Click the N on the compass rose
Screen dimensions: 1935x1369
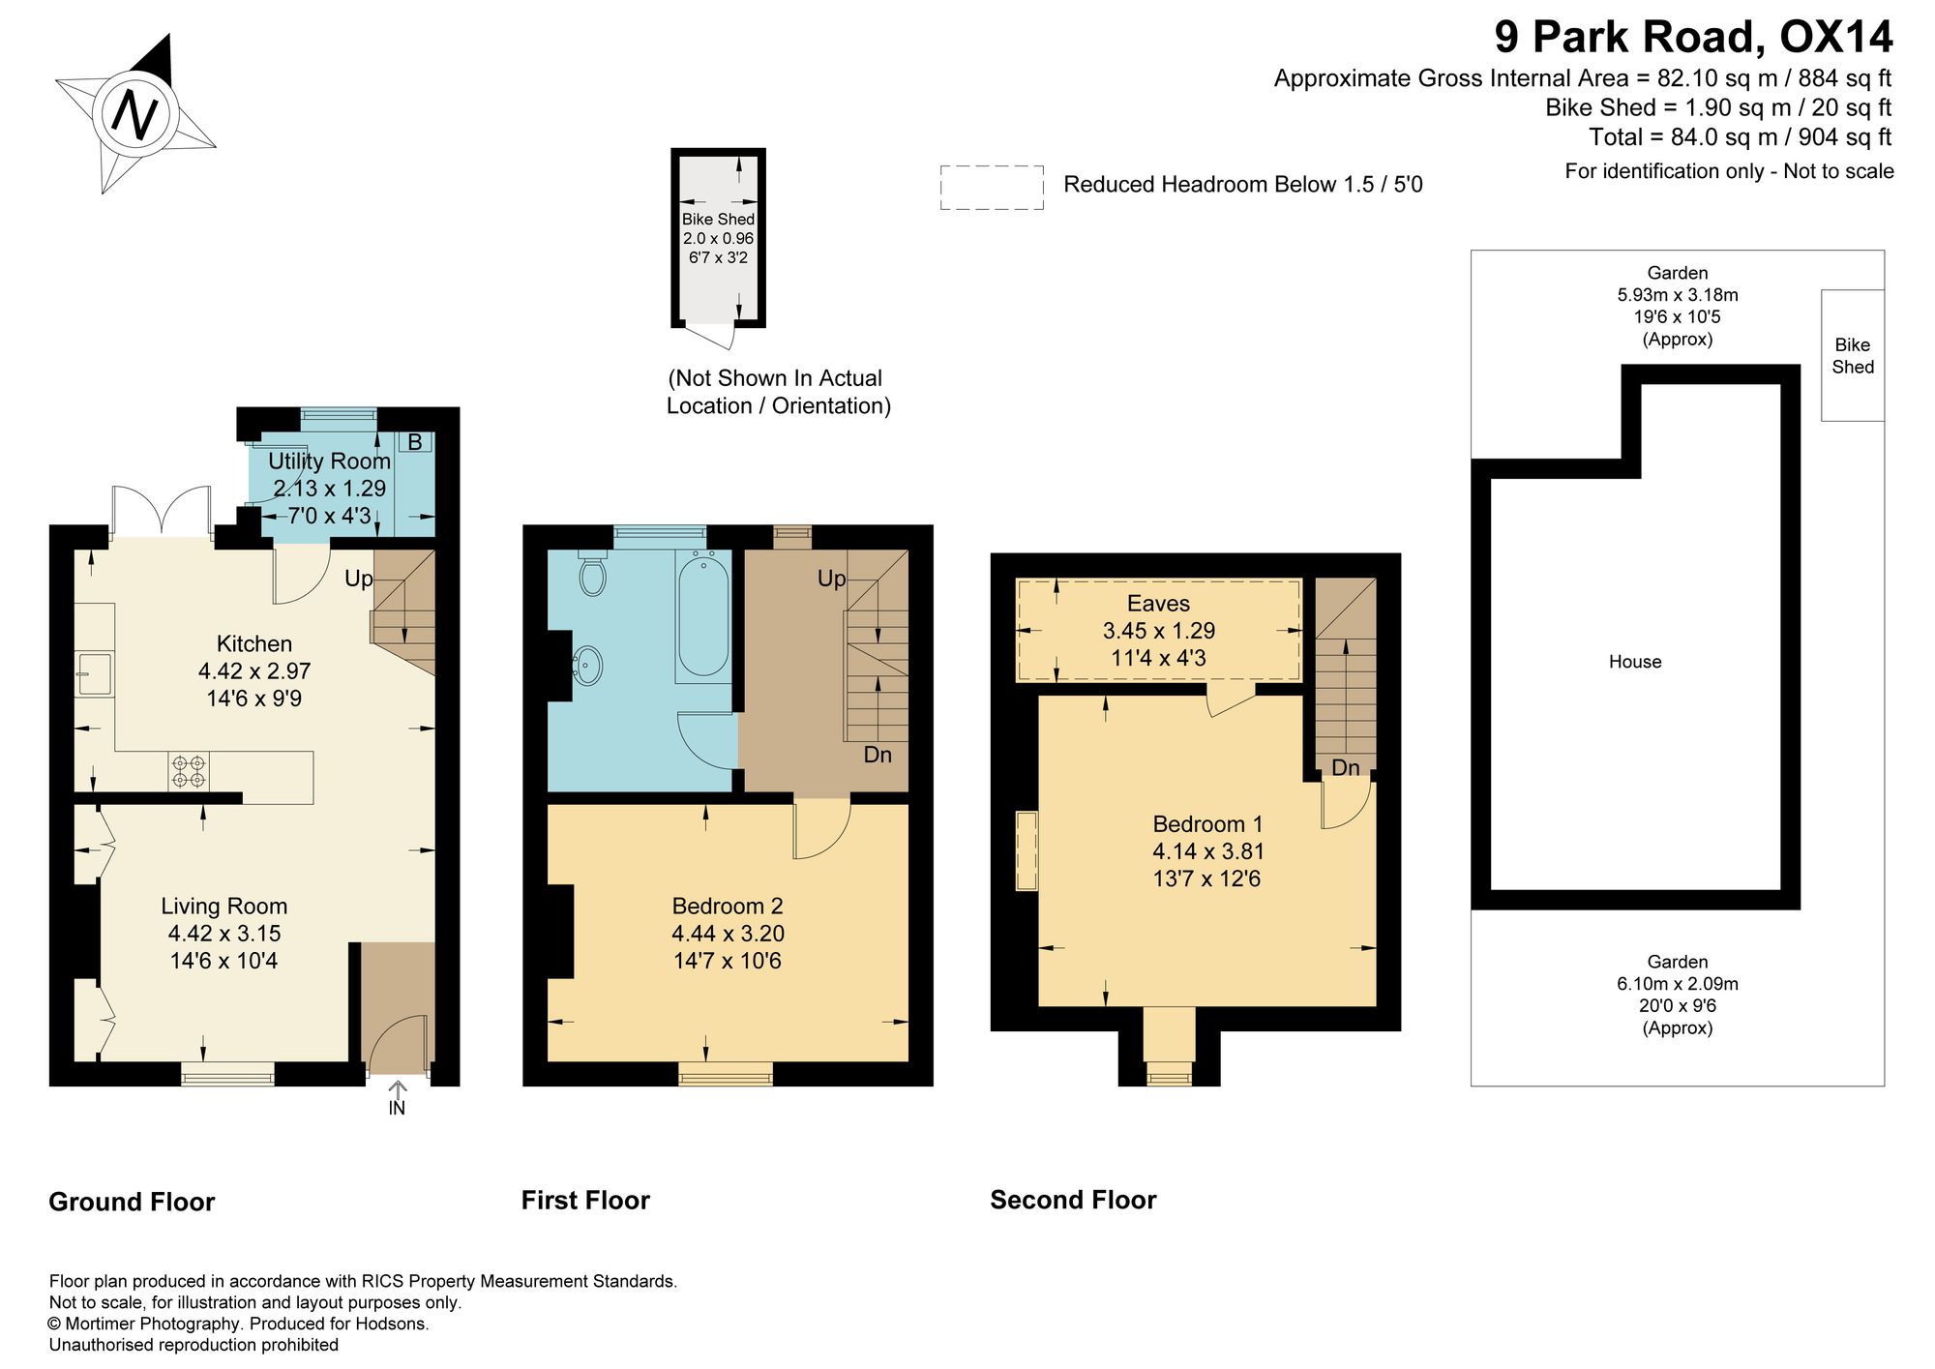pos(135,114)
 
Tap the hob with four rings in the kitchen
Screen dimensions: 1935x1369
pos(189,771)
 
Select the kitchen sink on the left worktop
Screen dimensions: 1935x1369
pos(95,672)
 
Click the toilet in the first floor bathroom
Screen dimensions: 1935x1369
pos(592,574)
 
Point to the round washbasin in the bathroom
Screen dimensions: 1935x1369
pos(586,665)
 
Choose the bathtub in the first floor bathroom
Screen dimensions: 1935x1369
pos(703,616)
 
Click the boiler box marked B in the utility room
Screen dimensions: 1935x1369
pos(415,443)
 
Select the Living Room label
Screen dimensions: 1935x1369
pos(224,907)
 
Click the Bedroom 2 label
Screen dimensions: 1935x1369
pos(728,907)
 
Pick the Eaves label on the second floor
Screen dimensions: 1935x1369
pos(1158,604)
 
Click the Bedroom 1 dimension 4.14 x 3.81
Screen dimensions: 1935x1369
pos(1208,851)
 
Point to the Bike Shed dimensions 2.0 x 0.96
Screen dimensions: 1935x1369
pos(718,238)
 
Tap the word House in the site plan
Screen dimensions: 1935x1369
pos(1635,662)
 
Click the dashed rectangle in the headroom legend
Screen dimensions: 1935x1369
pos(992,188)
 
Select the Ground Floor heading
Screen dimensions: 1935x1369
pos(132,1202)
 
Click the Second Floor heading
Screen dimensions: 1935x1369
pos(1073,1200)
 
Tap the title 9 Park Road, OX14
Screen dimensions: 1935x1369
pos(1693,37)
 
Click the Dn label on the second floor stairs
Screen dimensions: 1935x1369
pos(1346,767)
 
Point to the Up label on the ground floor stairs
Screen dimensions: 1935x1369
pos(359,580)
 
